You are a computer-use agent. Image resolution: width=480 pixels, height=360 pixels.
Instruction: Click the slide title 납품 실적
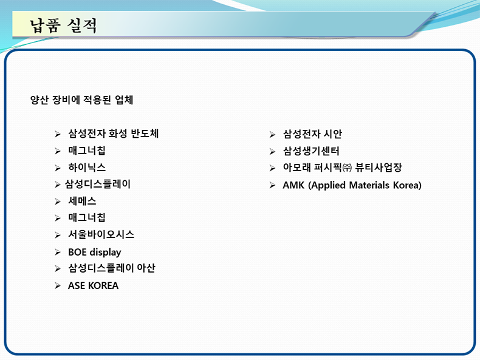pos(63,25)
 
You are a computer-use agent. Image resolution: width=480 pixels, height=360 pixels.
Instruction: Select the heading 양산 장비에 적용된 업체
pos(82,100)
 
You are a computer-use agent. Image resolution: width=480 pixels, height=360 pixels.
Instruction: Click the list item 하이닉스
pos(87,168)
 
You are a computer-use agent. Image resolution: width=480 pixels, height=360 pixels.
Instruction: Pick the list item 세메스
pos(82,201)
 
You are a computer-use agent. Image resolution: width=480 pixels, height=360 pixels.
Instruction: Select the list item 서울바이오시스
pos(101,234)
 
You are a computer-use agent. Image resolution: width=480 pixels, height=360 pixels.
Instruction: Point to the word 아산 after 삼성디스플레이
pos(146,268)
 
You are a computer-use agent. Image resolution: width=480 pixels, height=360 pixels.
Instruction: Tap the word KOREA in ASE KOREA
pos(103,286)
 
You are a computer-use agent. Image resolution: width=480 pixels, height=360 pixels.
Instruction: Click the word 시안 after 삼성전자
pos(333,134)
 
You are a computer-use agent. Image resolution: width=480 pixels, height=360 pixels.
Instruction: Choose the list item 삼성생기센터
pos(311,151)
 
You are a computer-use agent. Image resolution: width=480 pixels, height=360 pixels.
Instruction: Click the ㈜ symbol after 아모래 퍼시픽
pos(347,168)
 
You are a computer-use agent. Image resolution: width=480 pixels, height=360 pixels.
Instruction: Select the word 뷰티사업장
pos(379,168)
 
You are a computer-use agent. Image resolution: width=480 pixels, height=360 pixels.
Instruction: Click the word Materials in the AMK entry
pos(369,185)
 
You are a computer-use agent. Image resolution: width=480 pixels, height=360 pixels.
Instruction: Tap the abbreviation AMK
pos(293,185)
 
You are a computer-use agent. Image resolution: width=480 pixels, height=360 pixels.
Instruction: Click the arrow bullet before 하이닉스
pos(58,168)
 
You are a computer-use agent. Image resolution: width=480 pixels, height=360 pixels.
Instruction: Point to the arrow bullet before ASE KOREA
pos(58,286)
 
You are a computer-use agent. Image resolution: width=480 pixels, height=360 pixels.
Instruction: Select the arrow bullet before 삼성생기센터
pos(272,151)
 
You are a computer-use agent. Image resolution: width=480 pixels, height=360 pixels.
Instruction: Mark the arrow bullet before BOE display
pos(58,253)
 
